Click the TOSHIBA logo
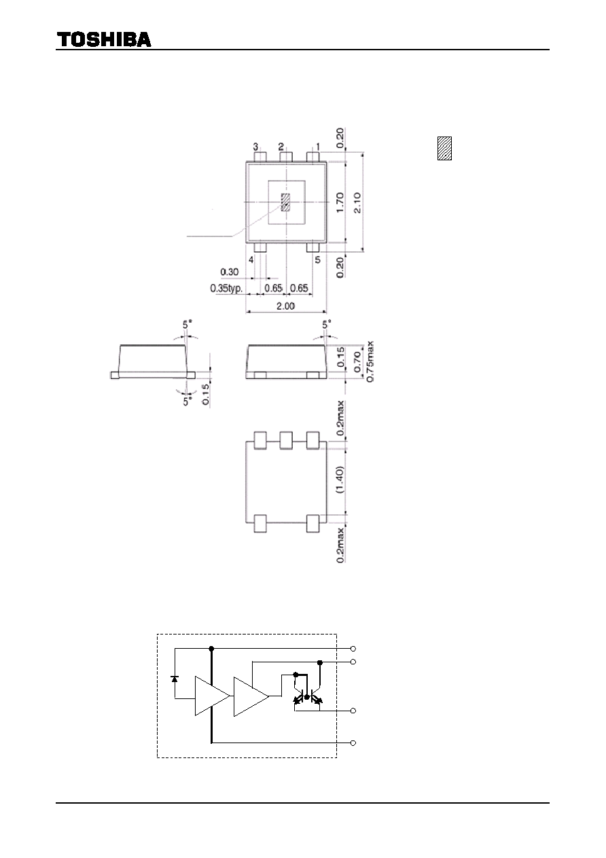[x=104, y=39]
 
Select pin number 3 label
[x=255, y=147]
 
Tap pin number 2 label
[x=281, y=147]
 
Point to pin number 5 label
[x=317, y=260]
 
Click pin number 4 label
[x=251, y=260]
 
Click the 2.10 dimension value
[x=357, y=202]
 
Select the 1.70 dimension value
[x=340, y=202]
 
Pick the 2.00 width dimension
[x=286, y=306]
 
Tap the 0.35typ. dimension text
[x=226, y=288]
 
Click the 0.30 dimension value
[x=229, y=272]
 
